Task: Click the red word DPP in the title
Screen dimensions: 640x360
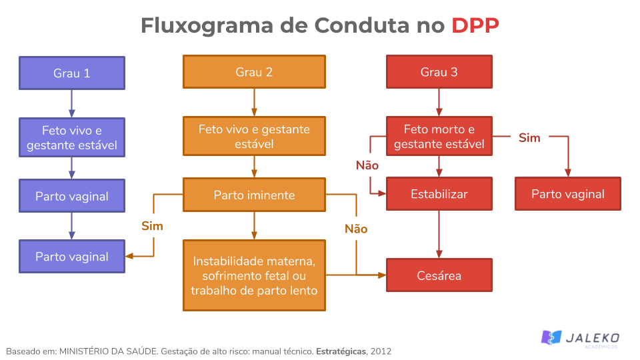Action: point(475,25)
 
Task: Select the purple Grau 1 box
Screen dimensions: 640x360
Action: point(72,73)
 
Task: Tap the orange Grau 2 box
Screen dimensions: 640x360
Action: point(254,72)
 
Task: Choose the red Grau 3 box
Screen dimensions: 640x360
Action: point(439,72)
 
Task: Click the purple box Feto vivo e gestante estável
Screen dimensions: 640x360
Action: point(72,137)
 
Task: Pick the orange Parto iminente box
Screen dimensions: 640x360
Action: point(254,195)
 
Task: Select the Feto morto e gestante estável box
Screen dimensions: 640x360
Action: point(439,137)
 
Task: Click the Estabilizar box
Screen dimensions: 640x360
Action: point(439,194)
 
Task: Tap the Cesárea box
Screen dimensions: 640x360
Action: point(439,275)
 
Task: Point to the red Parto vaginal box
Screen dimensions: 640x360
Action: point(567,194)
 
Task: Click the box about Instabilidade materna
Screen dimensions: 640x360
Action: point(254,275)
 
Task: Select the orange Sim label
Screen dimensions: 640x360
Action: point(152,226)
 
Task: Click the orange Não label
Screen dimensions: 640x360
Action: point(355,229)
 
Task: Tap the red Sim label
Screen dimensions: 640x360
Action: point(529,137)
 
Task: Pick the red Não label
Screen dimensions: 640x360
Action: point(367,165)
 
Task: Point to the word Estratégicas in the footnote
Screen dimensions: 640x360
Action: point(340,351)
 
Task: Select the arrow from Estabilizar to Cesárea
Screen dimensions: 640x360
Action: point(439,233)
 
